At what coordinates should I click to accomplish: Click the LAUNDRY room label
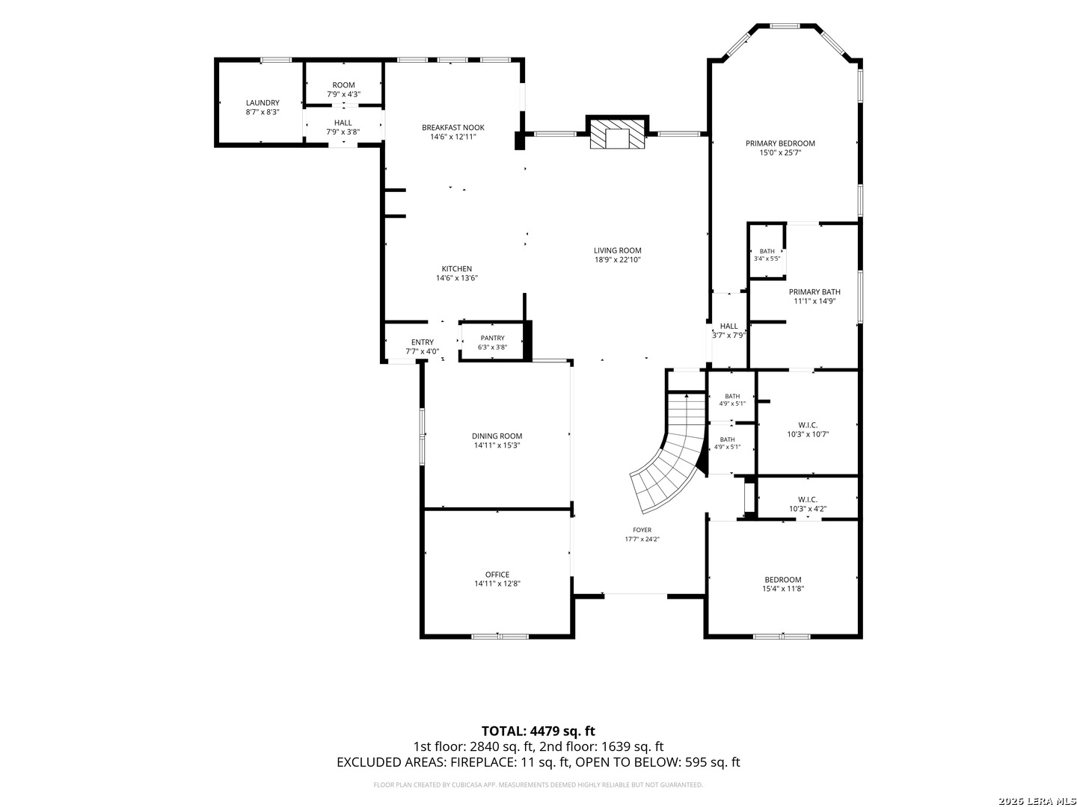coord(263,103)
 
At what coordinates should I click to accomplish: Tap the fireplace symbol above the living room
coord(617,132)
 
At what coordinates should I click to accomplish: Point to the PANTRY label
coord(492,338)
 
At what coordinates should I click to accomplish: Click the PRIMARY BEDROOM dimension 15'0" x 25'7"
coord(780,153)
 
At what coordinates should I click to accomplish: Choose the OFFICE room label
coord(497,575)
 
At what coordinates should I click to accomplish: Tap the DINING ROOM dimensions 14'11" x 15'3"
coord(497,445)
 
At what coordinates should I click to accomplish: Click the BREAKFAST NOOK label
coord(453,128)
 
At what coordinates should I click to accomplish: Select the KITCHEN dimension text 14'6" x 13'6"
coord(457,278)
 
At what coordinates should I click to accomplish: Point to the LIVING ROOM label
coord(617,250)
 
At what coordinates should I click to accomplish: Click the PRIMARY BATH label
coord(814,292)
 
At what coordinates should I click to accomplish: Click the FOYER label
coord(642,531)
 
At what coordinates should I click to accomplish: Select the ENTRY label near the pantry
coord(422,342)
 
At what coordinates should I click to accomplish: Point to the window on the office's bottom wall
coord(500,637)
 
